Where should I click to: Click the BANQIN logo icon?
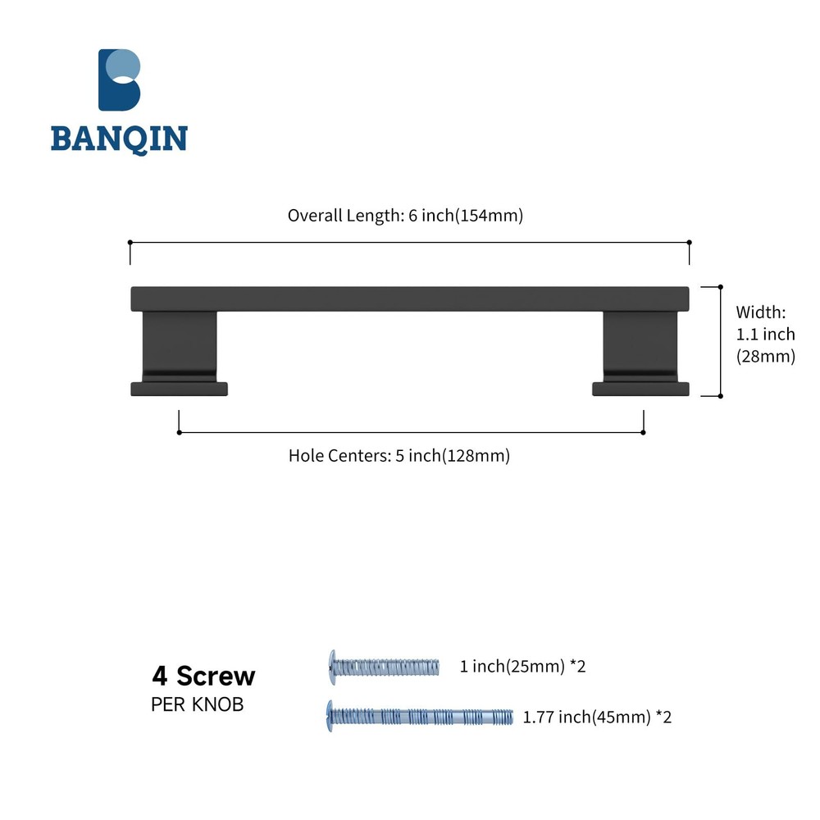[x=120, y=80]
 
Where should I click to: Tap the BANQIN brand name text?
[x=119, y=139]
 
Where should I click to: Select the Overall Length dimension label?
[x=405, y=216]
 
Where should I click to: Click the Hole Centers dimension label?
[x=399, y=456]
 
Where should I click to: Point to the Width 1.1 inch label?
[x=765, y=334]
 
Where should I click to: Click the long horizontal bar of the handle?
[x=410, y=298]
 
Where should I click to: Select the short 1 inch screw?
[x=384, y=666]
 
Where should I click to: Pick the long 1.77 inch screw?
[x=420, y=716]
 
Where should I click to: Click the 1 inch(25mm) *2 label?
[x=523, y=666]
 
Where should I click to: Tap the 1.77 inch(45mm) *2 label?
[x=598, y=717]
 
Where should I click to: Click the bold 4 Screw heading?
[x=203, y=676]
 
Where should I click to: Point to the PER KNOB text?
[x=197, y=704]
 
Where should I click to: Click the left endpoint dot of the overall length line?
[x=130, y=243]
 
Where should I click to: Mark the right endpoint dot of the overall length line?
[x=689, y=243]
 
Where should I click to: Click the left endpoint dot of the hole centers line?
[x=179, y=432]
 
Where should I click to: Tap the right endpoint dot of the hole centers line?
[x=643, y=432]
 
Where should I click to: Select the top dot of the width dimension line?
[x=720, y=287]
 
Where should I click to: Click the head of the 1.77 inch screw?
[x=330, y=715]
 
